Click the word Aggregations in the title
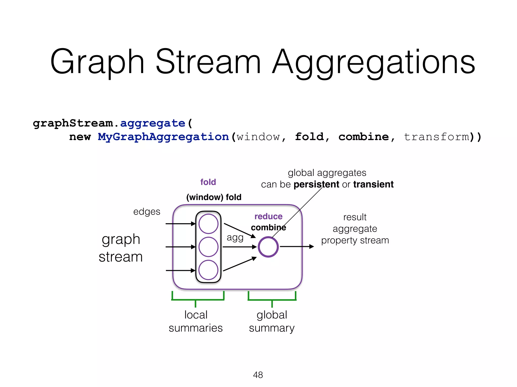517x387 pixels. [374, 62]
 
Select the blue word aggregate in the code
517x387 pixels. [153, 123]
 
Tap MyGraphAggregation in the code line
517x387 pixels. [163, 137]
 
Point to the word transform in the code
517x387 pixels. [436, 137]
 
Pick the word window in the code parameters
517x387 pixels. [258, 137]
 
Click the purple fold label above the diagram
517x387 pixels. [208, 182]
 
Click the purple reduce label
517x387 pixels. [268, 216]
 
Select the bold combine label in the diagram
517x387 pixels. [268, 228]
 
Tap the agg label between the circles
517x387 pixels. [235, 238]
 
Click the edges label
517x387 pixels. [147, 212]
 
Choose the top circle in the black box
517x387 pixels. [208, 224]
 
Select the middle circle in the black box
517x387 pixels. [208, 247]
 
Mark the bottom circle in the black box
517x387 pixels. [208, 270]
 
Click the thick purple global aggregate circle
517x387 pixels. [268, 247]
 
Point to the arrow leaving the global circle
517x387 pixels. [297, 247]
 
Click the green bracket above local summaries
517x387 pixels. [198, 299]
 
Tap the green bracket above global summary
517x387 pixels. [272, 300]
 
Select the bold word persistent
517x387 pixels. [316, 184]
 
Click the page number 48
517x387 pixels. [258, 375]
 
